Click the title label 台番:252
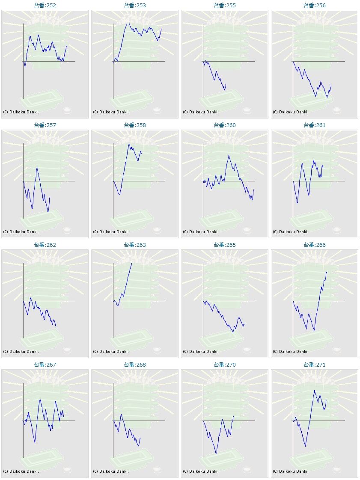point(45,6)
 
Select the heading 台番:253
point(135,6)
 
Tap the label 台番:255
point(225,6)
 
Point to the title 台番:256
point(315,6)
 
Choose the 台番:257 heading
point(45,125)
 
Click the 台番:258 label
point(135,125)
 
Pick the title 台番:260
point(225,125)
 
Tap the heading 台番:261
point(315,125)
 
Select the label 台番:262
point(45,245)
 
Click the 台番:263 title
point(135,245)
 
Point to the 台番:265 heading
point(225,245)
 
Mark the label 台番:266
point(315,245)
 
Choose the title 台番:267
point(45,365)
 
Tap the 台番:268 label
point(135,365)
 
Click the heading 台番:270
point(225,365)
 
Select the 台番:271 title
point(315,365)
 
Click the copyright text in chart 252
point(21,112)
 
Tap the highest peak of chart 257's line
point(37,167)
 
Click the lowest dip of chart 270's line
point(216,453)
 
